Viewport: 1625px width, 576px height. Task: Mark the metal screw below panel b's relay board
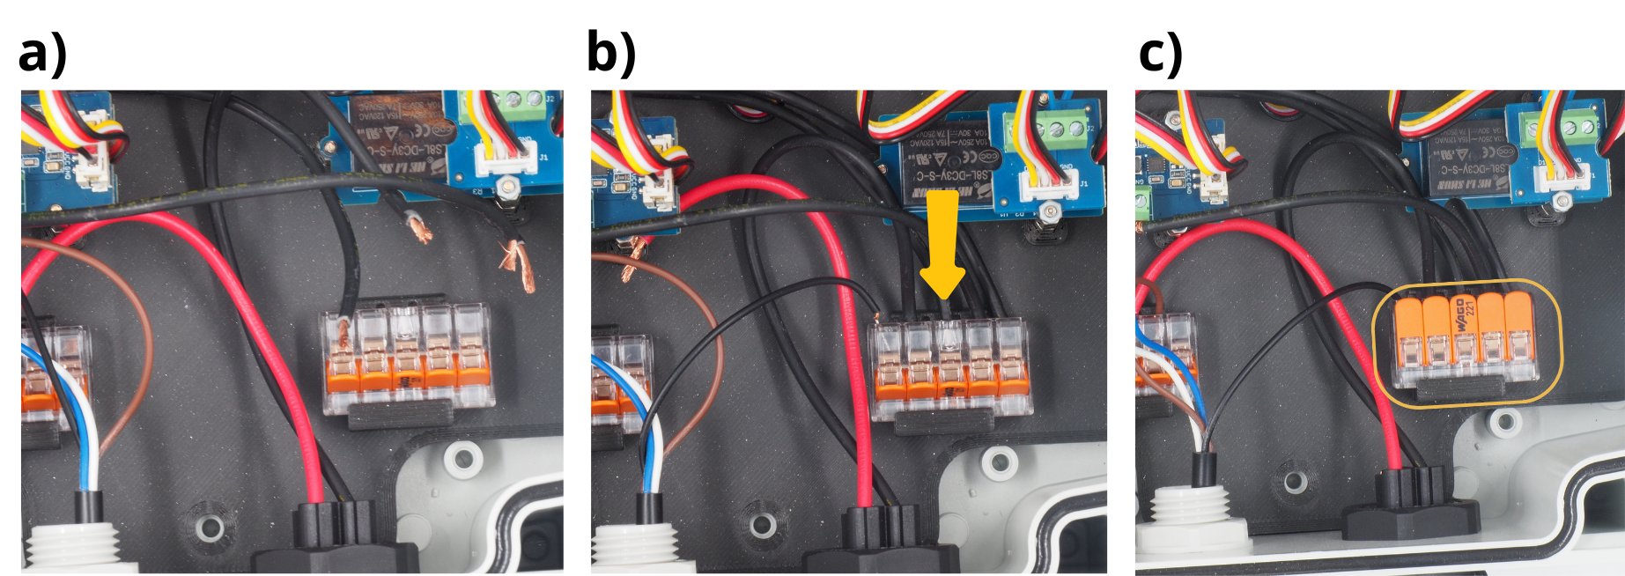coord(1047,212)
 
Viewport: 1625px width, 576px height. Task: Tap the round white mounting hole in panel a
coord(461,457)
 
